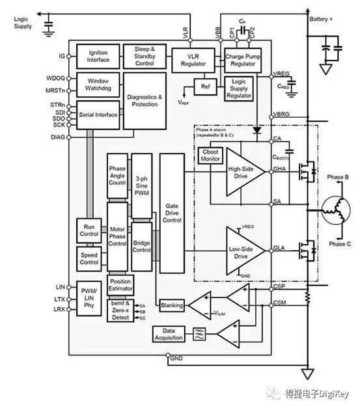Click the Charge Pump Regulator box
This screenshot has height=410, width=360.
click(243, 59)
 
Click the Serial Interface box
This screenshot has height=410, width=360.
click(98, 115)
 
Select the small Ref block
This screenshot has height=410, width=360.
click(205, 87)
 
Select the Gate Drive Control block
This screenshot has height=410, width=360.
click(172, 215)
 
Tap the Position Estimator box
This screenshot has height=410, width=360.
click(120, 285)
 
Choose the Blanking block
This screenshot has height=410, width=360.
click(172, 305)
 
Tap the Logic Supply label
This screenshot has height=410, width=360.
click(22, 23)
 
